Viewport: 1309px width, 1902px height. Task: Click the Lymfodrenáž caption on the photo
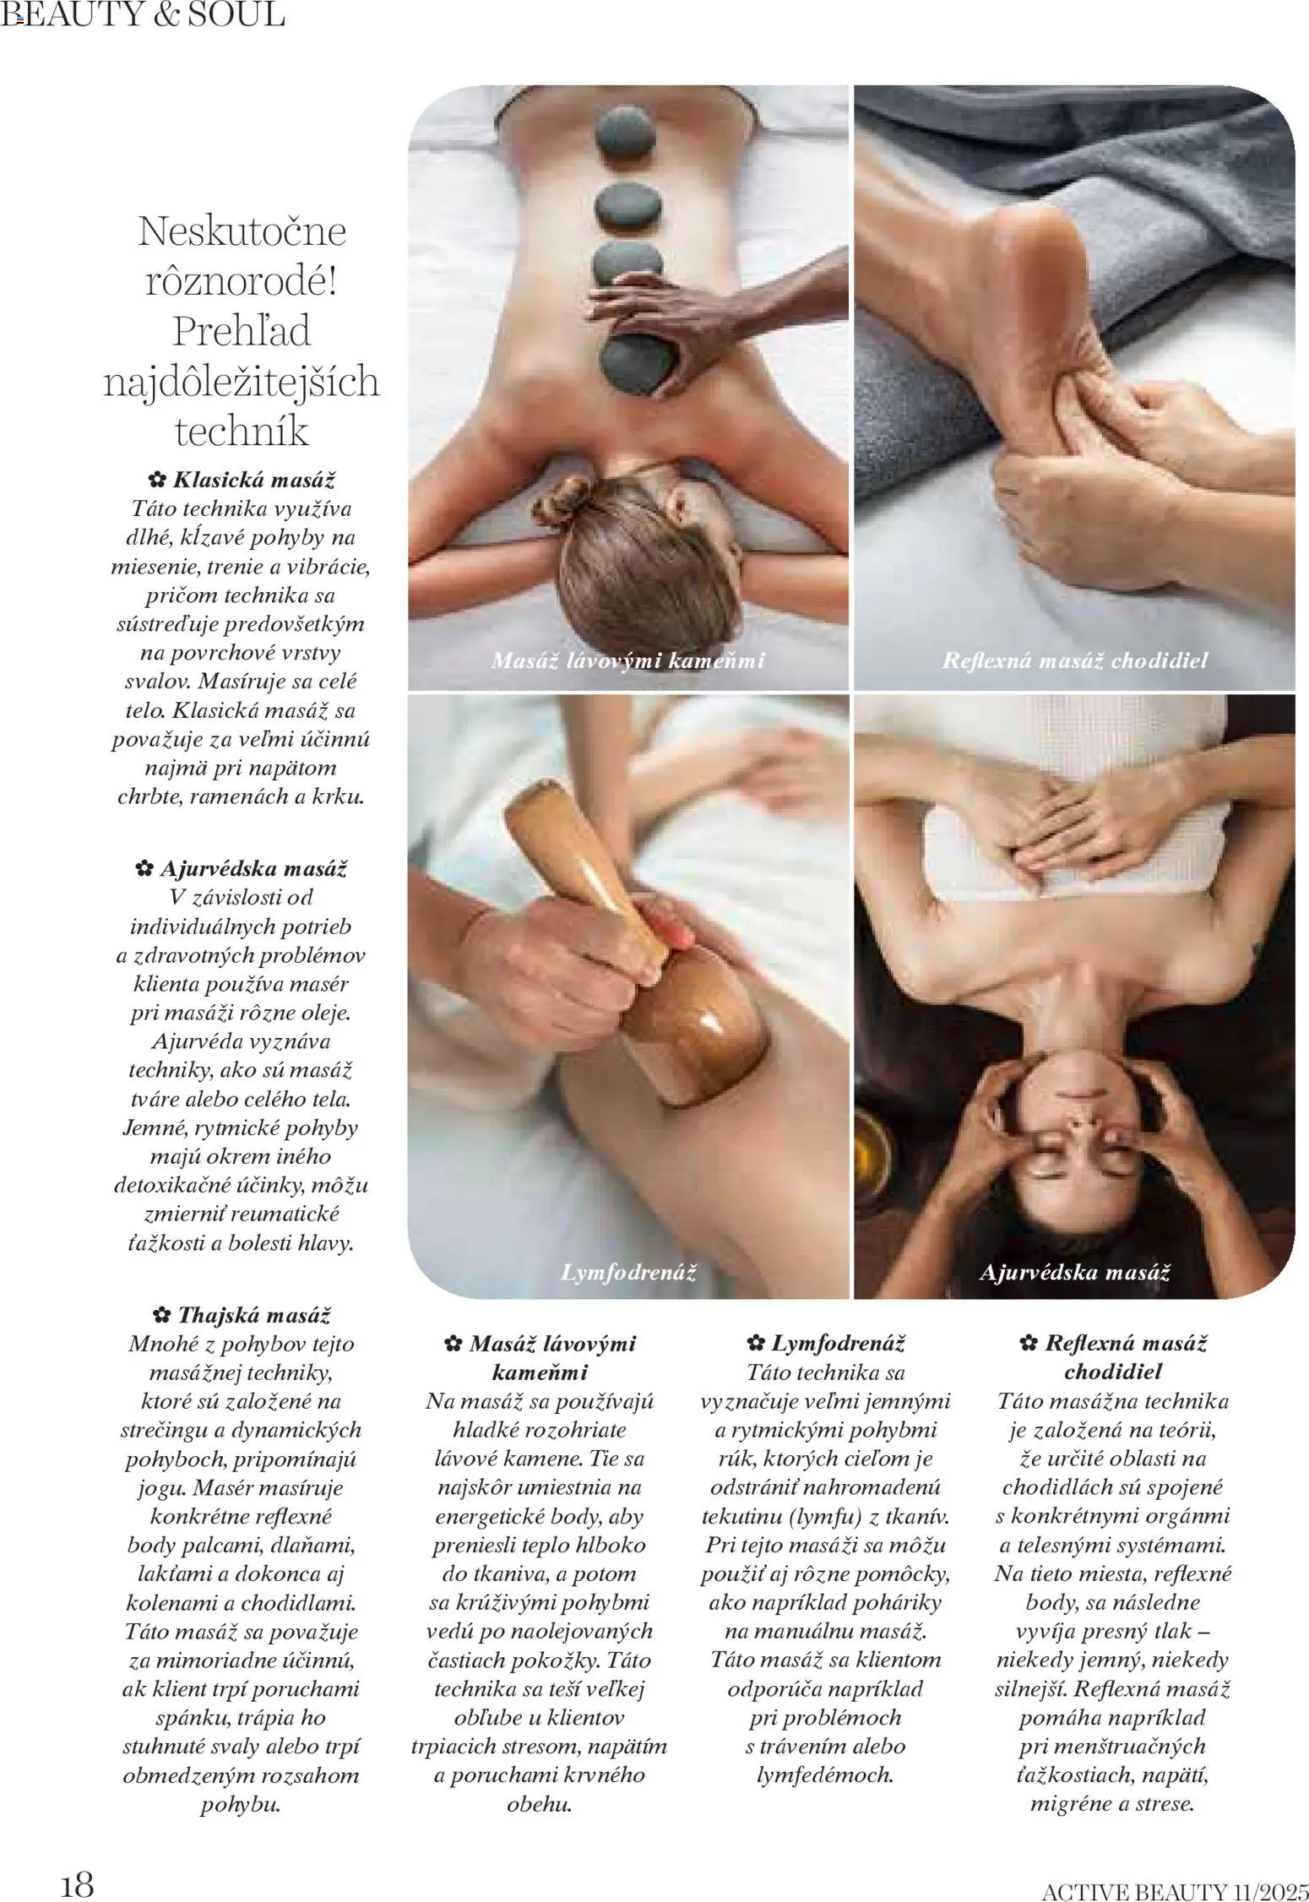(628, 1272)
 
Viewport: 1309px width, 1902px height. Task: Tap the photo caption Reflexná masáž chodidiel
(1075, 660)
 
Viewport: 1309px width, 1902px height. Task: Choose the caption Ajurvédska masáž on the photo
(1074, 1272)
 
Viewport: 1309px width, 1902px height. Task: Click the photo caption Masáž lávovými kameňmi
(627, 660)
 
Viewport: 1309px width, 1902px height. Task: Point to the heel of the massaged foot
(1035, 228)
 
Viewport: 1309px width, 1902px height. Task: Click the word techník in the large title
(242, 432)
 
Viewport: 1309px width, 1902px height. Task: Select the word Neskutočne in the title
(242, 231)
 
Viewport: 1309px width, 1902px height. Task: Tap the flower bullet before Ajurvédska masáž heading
(144, 868)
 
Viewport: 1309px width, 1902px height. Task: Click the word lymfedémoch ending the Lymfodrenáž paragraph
(825, 1774)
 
